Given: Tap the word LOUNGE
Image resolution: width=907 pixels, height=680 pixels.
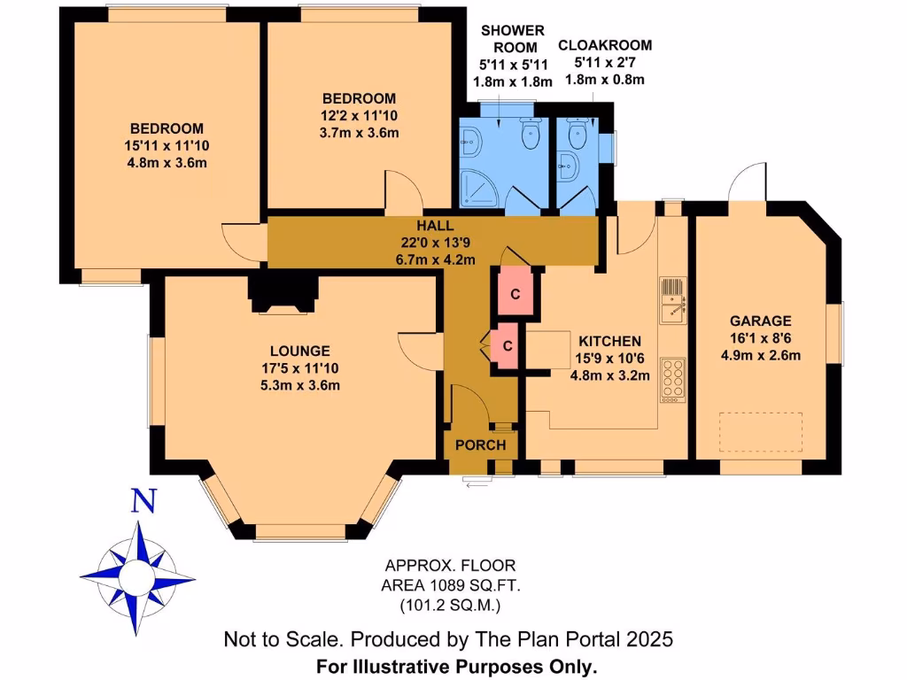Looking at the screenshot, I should (301, 351).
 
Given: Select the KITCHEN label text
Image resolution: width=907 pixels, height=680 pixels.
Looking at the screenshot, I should (609, 341).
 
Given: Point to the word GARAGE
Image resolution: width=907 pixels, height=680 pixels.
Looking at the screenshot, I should (760, 321).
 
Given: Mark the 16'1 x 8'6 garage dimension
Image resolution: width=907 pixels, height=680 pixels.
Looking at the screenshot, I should (760, 338).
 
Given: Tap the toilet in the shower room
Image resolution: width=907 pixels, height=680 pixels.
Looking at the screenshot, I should (530, 135).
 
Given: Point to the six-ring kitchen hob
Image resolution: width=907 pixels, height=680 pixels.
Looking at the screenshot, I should (673, 379).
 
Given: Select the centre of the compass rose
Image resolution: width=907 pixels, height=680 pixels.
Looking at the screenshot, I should (138, 578).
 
